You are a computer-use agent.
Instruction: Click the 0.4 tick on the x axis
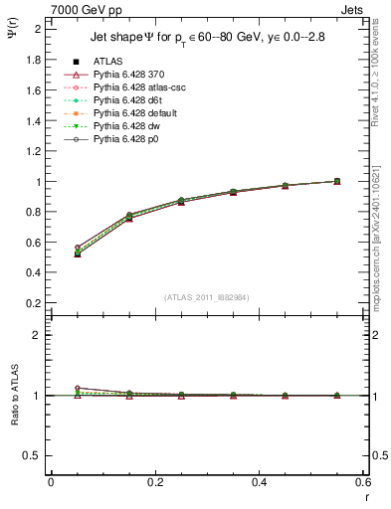(260, 482)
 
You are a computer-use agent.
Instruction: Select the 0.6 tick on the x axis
(364, 482)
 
